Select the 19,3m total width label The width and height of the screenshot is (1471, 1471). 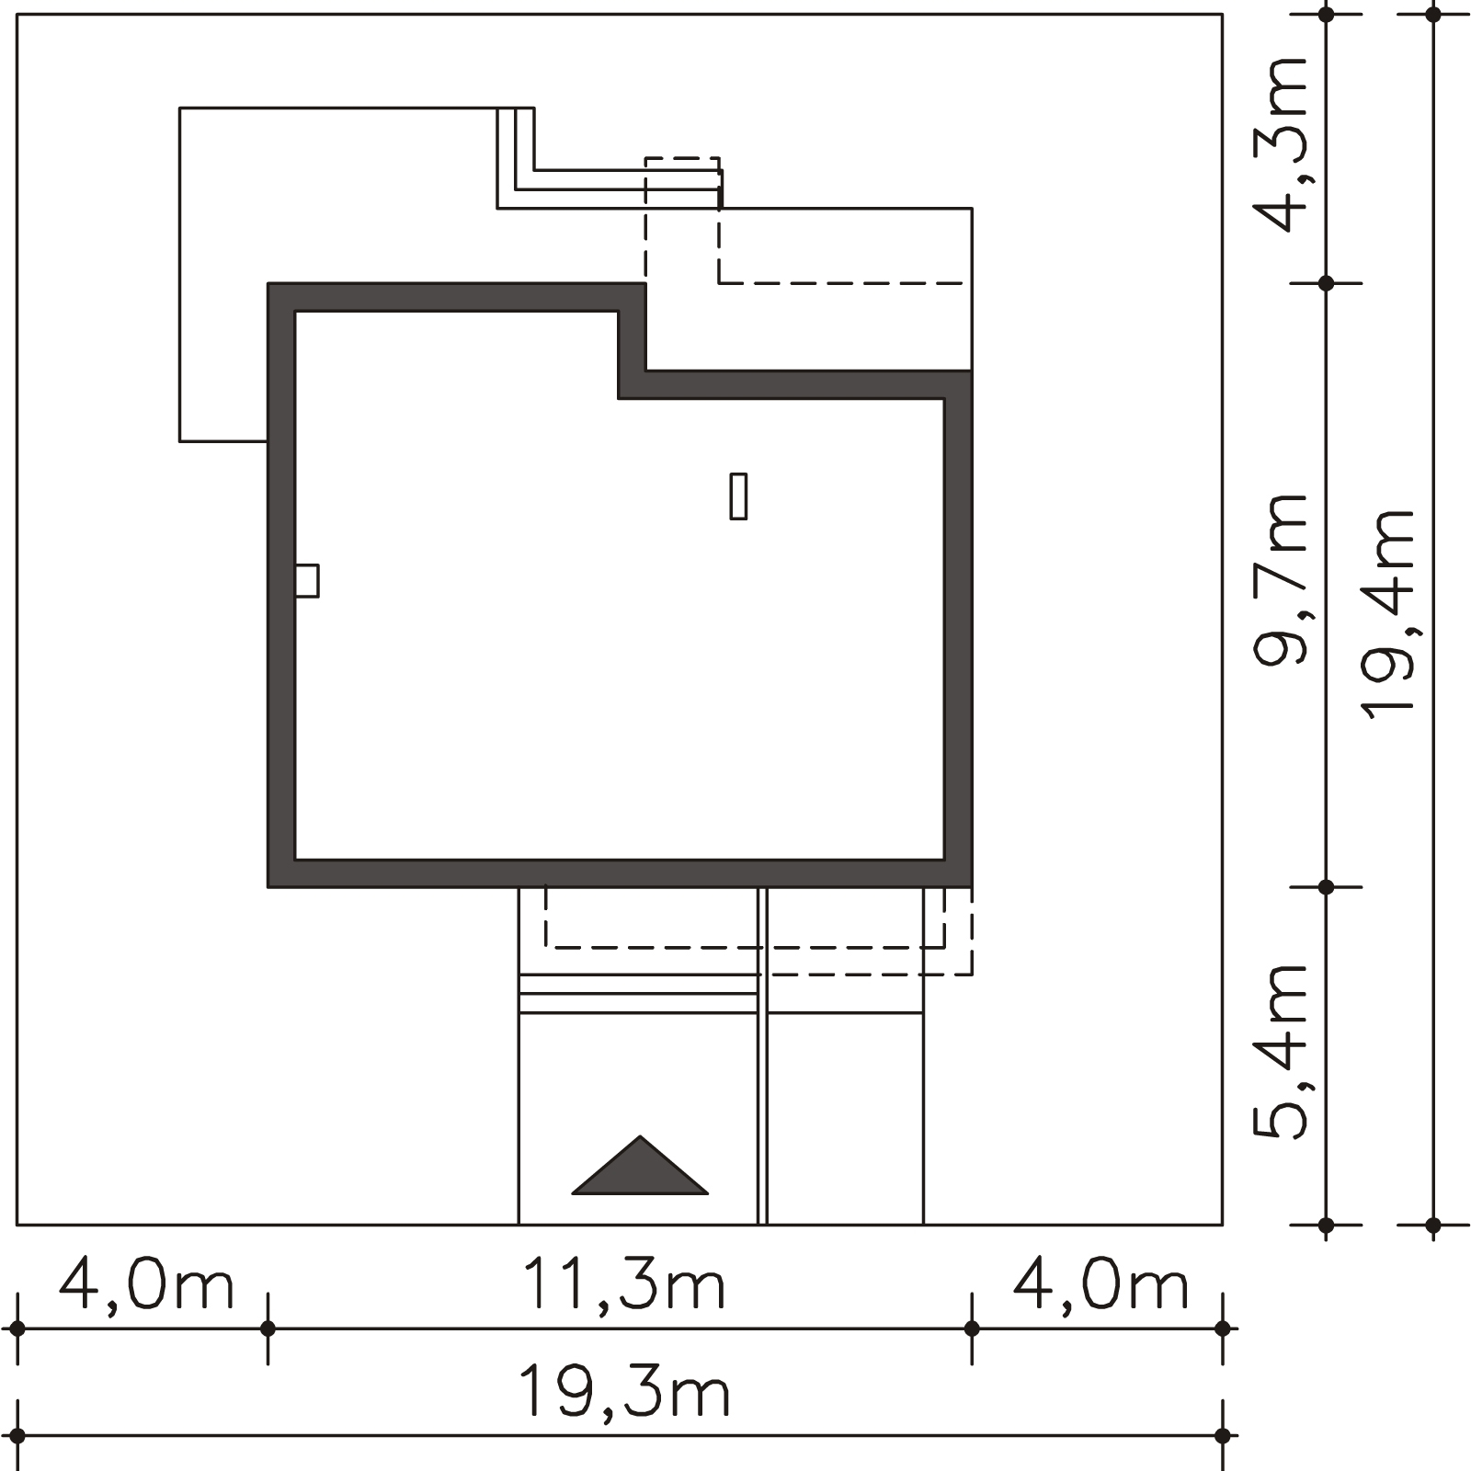point(624,1392)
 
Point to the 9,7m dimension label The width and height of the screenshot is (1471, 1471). point(1281,579)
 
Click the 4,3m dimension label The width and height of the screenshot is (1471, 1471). point(1281,144)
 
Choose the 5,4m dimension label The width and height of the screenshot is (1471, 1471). point(1281,1053)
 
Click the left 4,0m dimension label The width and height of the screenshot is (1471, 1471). point(147,1284)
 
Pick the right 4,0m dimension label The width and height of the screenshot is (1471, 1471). point(1101,1284)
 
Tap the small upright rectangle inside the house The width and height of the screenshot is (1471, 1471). point(738,496)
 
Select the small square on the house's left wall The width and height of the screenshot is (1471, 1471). point(307,581)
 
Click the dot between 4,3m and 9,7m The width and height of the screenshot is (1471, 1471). point(1326,283)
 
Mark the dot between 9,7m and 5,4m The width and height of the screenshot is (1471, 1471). point(1326,887)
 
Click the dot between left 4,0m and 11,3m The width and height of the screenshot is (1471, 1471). point(268,1328)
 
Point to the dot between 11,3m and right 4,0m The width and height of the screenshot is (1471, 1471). point(972,1328)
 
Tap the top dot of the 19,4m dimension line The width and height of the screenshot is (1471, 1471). point(1433,14)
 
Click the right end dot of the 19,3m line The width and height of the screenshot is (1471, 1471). point(1222,1435)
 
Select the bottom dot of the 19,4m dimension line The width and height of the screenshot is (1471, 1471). point(1433,1225)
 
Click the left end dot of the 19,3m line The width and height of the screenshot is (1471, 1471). point(17,1435)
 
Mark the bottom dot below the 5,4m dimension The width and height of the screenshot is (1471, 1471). point(1326,1225)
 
